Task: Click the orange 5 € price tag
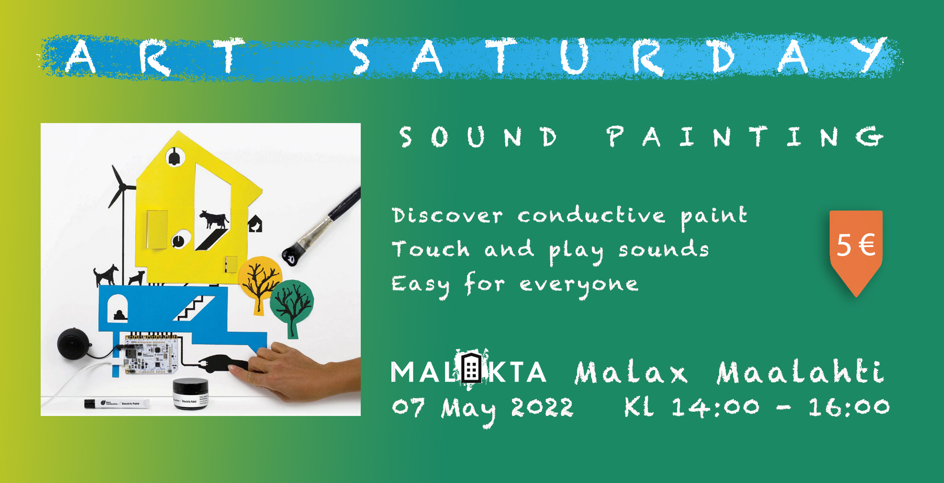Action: [856, 251]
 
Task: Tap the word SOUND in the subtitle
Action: [479, 137]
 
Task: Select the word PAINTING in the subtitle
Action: [745, 137]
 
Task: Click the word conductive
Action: [591, 215]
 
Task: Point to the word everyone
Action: [579, 285]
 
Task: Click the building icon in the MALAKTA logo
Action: [472, 368]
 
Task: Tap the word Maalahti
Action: [800, 371]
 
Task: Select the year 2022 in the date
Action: [542, 408]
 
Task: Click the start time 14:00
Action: [715, 407]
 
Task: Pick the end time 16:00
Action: [848, 407]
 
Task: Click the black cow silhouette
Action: [214, 219]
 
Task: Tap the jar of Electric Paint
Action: [190, 393]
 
